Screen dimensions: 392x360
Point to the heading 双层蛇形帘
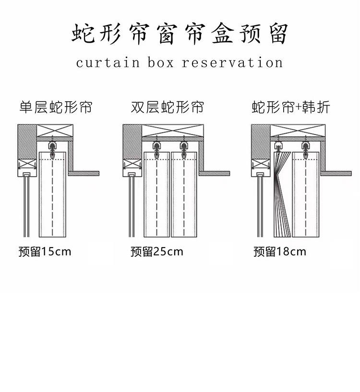[x=167, y=107]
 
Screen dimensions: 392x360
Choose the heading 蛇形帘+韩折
[x=291, y=107]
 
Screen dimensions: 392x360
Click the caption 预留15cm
[x=45, y=251]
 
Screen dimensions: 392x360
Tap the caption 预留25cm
[x=157, y=251]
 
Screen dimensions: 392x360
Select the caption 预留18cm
[x=280, y=251]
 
